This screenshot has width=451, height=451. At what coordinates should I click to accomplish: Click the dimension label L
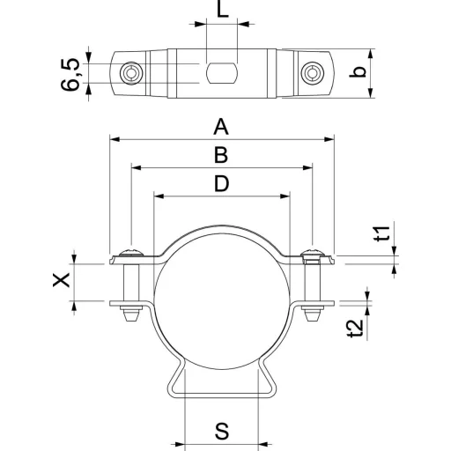[x=222, y=9]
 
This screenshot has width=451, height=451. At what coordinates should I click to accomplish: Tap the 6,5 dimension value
[x=70, y=74]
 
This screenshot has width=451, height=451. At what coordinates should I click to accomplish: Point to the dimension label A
[x=221, y=127]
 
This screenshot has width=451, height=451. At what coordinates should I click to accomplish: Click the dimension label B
[x=221, y=155]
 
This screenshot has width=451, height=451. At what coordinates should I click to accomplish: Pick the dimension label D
[x=221, y=183]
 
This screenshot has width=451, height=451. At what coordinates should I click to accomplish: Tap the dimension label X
[x=61, y=279]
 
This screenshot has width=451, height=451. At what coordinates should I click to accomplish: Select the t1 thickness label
[x=382, y=233]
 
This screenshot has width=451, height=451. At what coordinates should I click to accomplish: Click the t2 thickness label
[x=357, y=328]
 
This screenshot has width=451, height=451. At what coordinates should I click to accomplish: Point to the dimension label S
[x=222, y=432]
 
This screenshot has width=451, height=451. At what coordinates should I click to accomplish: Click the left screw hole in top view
[x=131, y=73]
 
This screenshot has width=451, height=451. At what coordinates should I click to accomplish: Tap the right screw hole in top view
[x=313, y=73]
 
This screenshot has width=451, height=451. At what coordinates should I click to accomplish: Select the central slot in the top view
[x=222, y=73]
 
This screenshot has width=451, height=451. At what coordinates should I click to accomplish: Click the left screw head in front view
[x=131, y=252]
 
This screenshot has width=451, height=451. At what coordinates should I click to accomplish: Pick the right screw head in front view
[x=313, y=252]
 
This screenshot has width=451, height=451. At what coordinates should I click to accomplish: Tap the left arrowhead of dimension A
[x=115, y=139]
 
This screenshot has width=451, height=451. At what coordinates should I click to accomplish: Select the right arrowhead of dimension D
[x=285, y=196]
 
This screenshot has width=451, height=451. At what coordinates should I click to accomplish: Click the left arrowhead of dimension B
[x=137, y=168]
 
